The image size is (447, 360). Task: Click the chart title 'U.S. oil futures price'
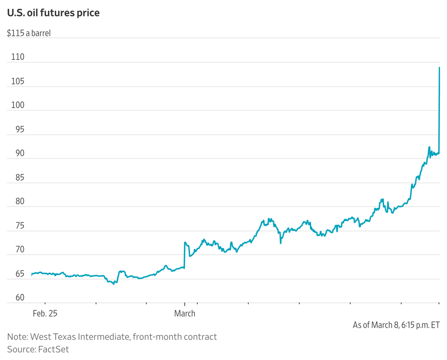(x=53, y=13)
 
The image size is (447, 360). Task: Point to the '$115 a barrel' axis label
(x=29, y=34)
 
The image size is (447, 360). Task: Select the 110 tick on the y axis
(x=17, y=58)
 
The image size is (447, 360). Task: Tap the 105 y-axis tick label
(x=17, y=82)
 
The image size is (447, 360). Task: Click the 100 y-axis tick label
(x=17, y=106)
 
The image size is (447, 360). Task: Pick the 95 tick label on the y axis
(x=15, y=130)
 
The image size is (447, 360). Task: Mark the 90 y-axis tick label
(x=15, y=154)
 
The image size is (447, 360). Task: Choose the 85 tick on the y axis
(x=15, y=178)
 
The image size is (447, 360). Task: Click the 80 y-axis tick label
(x=15, y=202)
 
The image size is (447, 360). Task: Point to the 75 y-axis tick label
(x=15, y=226)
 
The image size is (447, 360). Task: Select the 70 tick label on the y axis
(x=15, y=250)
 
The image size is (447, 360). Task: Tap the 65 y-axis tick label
(x=15, y=274)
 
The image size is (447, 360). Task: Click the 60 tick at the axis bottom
(x=15, y=298)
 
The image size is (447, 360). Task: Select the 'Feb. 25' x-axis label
(x=45, y=314)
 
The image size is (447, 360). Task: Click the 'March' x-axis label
(x=185, y=314)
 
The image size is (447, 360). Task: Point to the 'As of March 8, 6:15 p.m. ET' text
(x=396, y=325)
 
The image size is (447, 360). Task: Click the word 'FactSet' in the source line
(x=53, y=349)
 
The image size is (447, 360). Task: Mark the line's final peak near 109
(x=439, y=67)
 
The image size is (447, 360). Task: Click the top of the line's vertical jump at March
(x=185, y=242)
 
